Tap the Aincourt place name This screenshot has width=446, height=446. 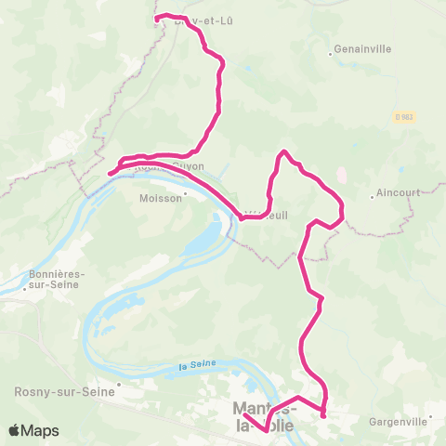[x=396, y=194]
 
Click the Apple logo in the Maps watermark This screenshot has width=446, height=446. [x=14, y=430]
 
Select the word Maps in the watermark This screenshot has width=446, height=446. [x=41, y=430]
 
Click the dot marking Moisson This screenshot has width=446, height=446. [x=186, y=194]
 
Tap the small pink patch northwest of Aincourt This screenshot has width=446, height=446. [x=341, y=175]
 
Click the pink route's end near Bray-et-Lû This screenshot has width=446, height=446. [x=155, y=17]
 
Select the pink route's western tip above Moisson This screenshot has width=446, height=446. [x=110, y=173]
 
